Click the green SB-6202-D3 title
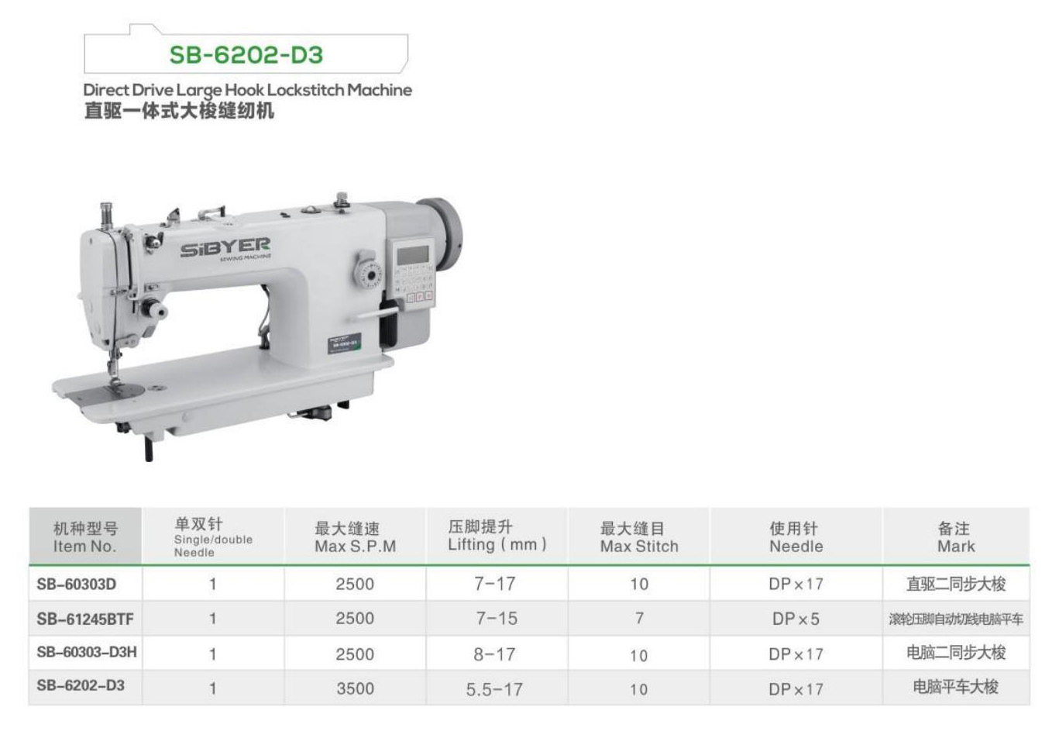246,54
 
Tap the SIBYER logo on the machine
225,247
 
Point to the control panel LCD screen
413,255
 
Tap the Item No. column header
85,537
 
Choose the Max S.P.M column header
355,537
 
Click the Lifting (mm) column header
497,536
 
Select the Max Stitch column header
638,537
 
